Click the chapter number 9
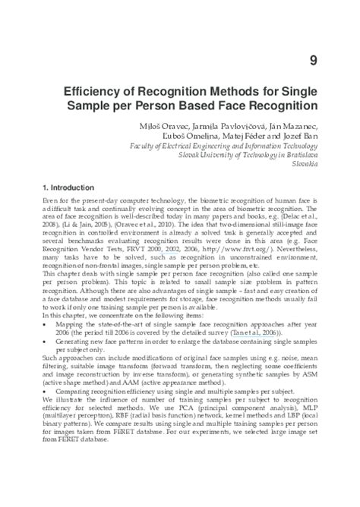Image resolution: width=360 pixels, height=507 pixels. click(x=313, y=61)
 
